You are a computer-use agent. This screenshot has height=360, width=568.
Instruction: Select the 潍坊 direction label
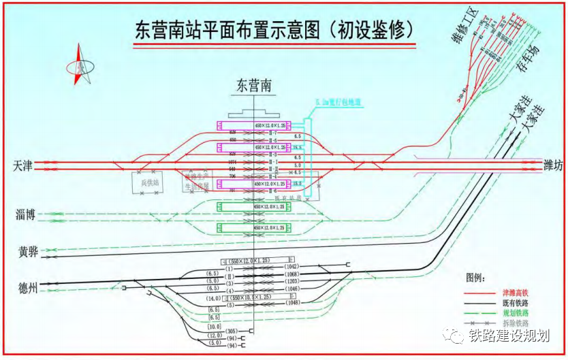coord(553,165)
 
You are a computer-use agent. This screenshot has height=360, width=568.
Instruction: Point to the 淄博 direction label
coord(25,216)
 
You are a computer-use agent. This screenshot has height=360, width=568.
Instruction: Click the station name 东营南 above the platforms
coord(253,86)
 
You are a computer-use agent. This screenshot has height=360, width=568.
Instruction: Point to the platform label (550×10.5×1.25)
coord(252,297)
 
